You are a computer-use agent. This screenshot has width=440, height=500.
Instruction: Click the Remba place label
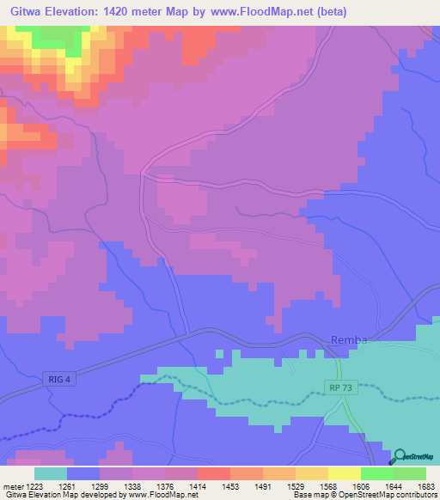(x=349, y=340)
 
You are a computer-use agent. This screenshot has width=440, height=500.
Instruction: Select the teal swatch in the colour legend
(x=51, y=473)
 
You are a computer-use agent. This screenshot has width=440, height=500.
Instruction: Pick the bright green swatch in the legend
(x=377, y=473)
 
